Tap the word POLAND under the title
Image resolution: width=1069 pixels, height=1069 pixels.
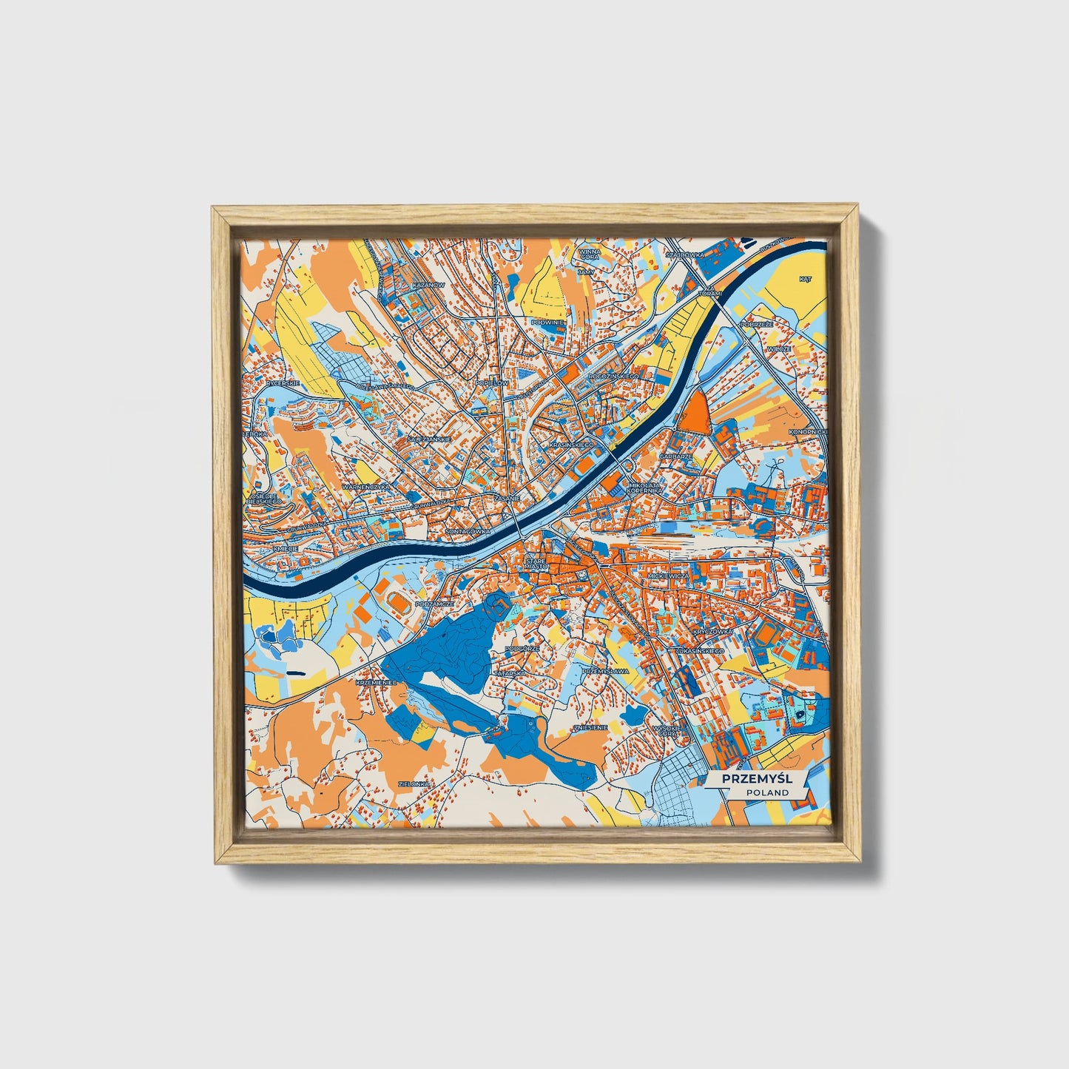click(x=767, y=792)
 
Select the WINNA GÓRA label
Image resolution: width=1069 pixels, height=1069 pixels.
click(x=590, y=254)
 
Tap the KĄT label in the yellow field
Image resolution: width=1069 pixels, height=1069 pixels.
click(x=806, y=279)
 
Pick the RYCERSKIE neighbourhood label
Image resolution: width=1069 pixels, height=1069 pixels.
click(x=283, y=383)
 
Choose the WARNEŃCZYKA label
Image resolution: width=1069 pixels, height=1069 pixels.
click(x=366, y=488)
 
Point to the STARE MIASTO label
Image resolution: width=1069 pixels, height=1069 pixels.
click(x=535, y=564)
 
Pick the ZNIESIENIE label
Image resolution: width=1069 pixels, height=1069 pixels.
click(x=590, y=727)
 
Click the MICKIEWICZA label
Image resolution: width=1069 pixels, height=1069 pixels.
click(x=667, y=575)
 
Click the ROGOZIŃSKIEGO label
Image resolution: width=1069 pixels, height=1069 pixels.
click(x=613, y=376)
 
